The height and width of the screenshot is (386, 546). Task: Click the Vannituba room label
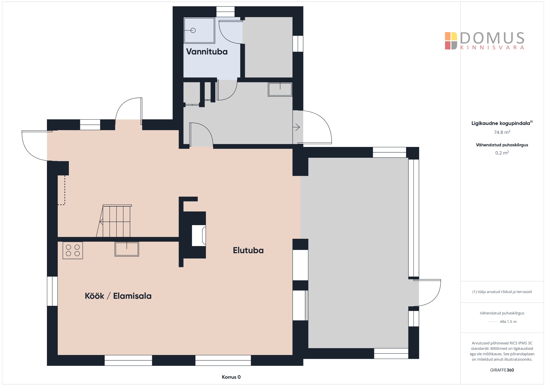point(207,52)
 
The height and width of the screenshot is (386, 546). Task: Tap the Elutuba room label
point(248,250)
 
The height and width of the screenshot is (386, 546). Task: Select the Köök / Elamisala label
point(118,296)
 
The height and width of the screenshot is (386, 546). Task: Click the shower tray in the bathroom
point(199,30)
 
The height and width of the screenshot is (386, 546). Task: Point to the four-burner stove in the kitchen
point(73,250)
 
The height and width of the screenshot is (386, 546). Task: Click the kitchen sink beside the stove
point(127,249)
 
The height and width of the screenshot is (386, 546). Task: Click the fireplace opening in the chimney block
point(199,235)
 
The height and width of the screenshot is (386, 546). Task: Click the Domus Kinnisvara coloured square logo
point(451,41)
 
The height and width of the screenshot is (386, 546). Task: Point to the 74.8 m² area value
point(502,132)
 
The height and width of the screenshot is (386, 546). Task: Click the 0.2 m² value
point(502,153)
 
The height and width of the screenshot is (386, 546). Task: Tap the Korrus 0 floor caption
point(231,377)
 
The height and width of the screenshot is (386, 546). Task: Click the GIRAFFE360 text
point(502,370)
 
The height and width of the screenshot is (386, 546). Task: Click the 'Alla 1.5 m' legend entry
point(508,322)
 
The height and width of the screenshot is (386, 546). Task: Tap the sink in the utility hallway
point(280,89)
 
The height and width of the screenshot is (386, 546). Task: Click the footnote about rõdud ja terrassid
point(502,292)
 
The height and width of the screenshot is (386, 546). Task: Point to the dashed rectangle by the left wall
point(61,190)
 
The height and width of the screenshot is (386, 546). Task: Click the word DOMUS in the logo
point(492,38)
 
